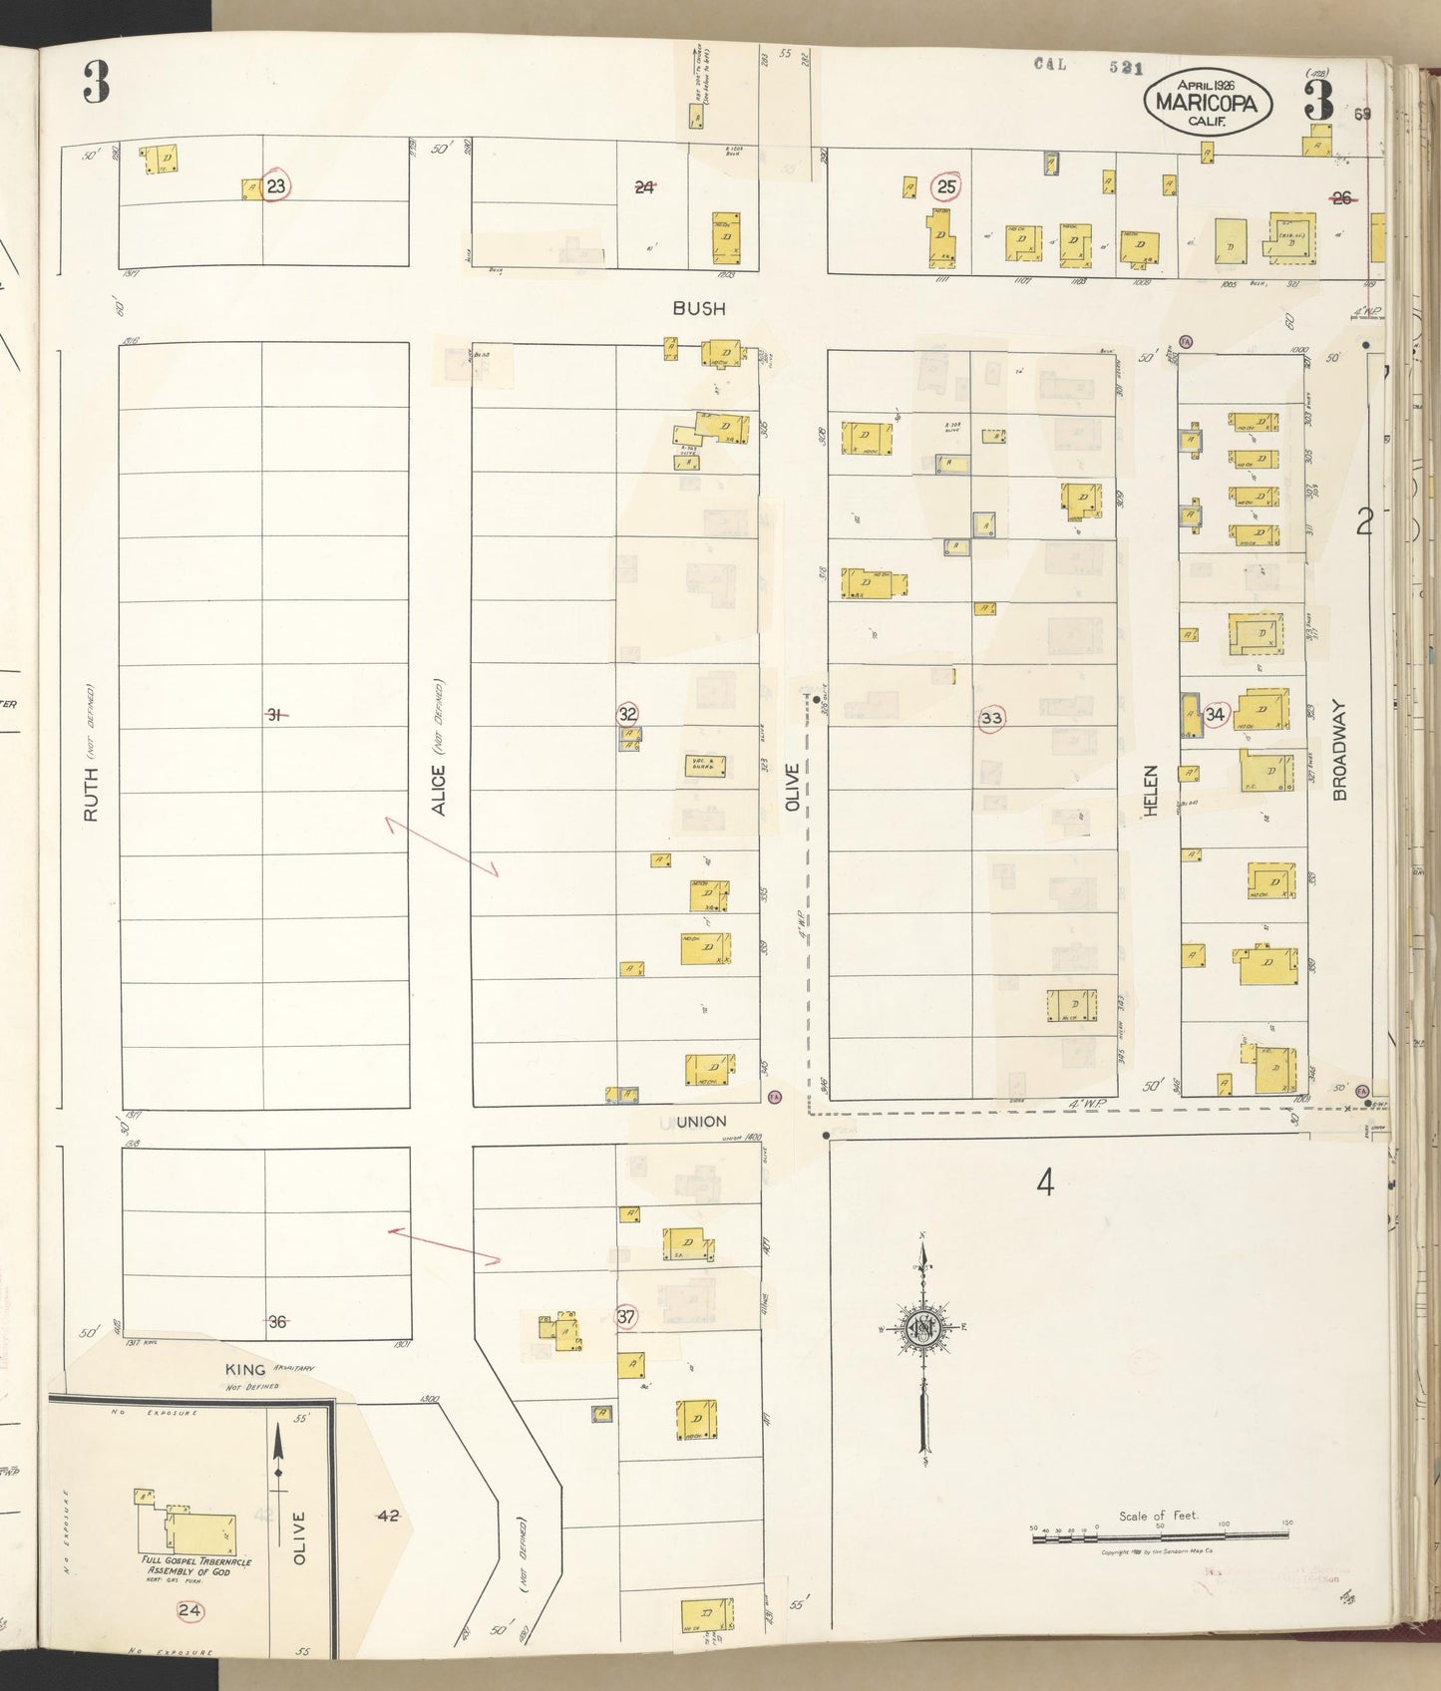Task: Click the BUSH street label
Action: point(698,309)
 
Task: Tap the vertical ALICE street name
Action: point(439,790)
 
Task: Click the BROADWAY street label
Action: point(1339,750)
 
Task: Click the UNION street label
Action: point(700,1122)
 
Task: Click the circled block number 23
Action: point(276,185)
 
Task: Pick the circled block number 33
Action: point(991,718)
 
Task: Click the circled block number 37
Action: point(626,1316)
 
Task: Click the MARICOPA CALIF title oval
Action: point(1214,102)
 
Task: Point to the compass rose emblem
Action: point(922,1328)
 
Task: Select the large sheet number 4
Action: point(1044,1184)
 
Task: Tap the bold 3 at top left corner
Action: point(96,83)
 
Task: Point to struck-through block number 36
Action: point(277,1322)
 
